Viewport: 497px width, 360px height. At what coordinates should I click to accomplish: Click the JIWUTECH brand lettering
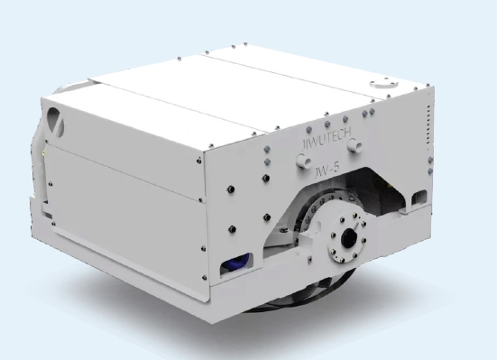tap(327, 138)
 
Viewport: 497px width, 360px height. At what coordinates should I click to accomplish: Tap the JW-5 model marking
tap(327, 171)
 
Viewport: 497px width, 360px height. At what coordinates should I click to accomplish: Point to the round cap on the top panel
tap(383, 83)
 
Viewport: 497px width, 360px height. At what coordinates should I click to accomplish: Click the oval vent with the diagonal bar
tap(55, 122)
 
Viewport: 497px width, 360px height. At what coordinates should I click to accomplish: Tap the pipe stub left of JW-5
tap(304, 161)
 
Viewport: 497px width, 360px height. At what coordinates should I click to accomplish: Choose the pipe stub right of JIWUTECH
tap(354, 145)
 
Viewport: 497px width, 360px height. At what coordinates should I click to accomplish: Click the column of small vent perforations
tap(428, 125)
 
